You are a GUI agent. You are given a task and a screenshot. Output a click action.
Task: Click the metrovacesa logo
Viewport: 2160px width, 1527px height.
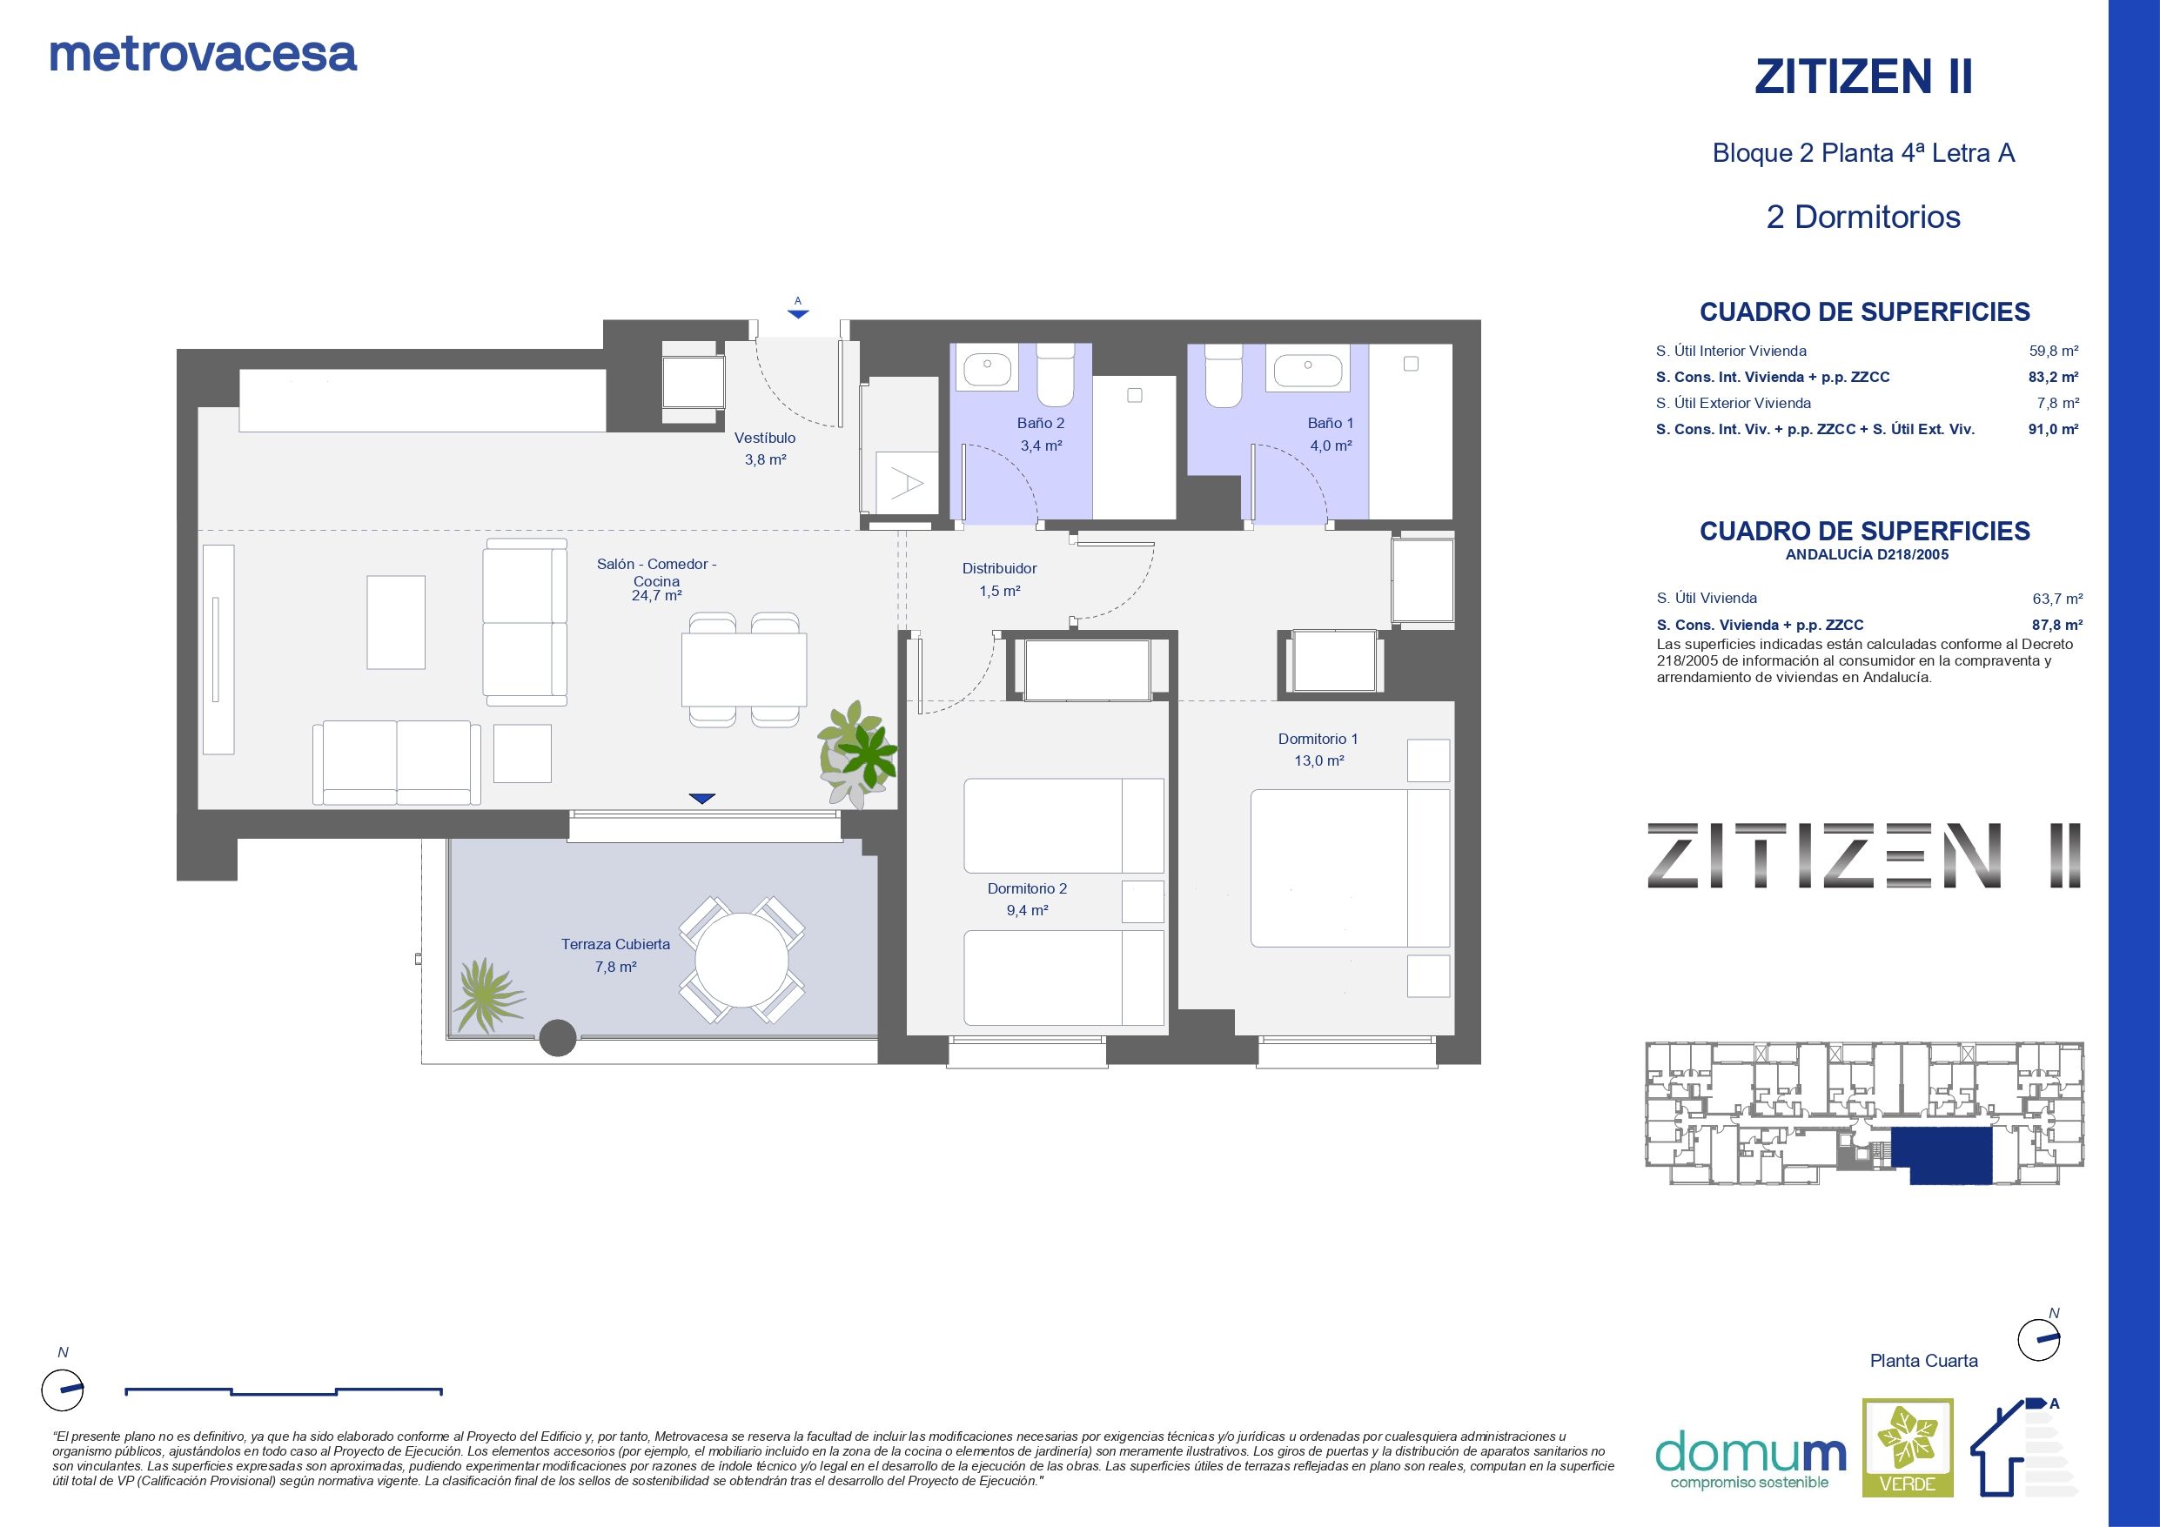[203, 55]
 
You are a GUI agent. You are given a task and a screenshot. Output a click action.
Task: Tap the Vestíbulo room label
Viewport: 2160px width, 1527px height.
[765, 438]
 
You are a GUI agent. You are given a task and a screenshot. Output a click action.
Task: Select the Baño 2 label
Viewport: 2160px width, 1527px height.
[1041, 424]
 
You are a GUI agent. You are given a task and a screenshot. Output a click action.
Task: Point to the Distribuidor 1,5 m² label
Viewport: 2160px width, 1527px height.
[999, 579]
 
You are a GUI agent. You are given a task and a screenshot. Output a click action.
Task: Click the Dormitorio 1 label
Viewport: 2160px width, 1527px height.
[1318, 739]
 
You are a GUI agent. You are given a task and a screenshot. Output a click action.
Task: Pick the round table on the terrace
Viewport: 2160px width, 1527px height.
[741, 961]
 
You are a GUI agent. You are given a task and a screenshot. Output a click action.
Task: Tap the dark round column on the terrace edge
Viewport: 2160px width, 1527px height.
[557, 1039]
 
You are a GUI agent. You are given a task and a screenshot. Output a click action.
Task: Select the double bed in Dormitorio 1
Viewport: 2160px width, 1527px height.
[1350, 867]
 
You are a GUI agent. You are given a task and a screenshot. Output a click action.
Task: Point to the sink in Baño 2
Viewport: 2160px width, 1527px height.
[986, 367]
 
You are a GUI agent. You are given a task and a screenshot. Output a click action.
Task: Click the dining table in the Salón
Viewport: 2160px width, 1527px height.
[744, 669]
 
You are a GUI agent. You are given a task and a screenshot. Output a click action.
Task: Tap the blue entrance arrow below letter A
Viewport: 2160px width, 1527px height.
[798, 314]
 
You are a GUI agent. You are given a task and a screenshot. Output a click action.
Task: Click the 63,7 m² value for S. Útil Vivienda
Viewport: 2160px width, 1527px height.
[2057, 599]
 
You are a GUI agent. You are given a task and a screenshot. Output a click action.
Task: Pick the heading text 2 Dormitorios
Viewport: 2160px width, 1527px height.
[1862, 217]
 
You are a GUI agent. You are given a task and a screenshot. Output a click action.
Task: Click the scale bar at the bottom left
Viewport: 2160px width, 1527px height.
[284, 1390]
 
